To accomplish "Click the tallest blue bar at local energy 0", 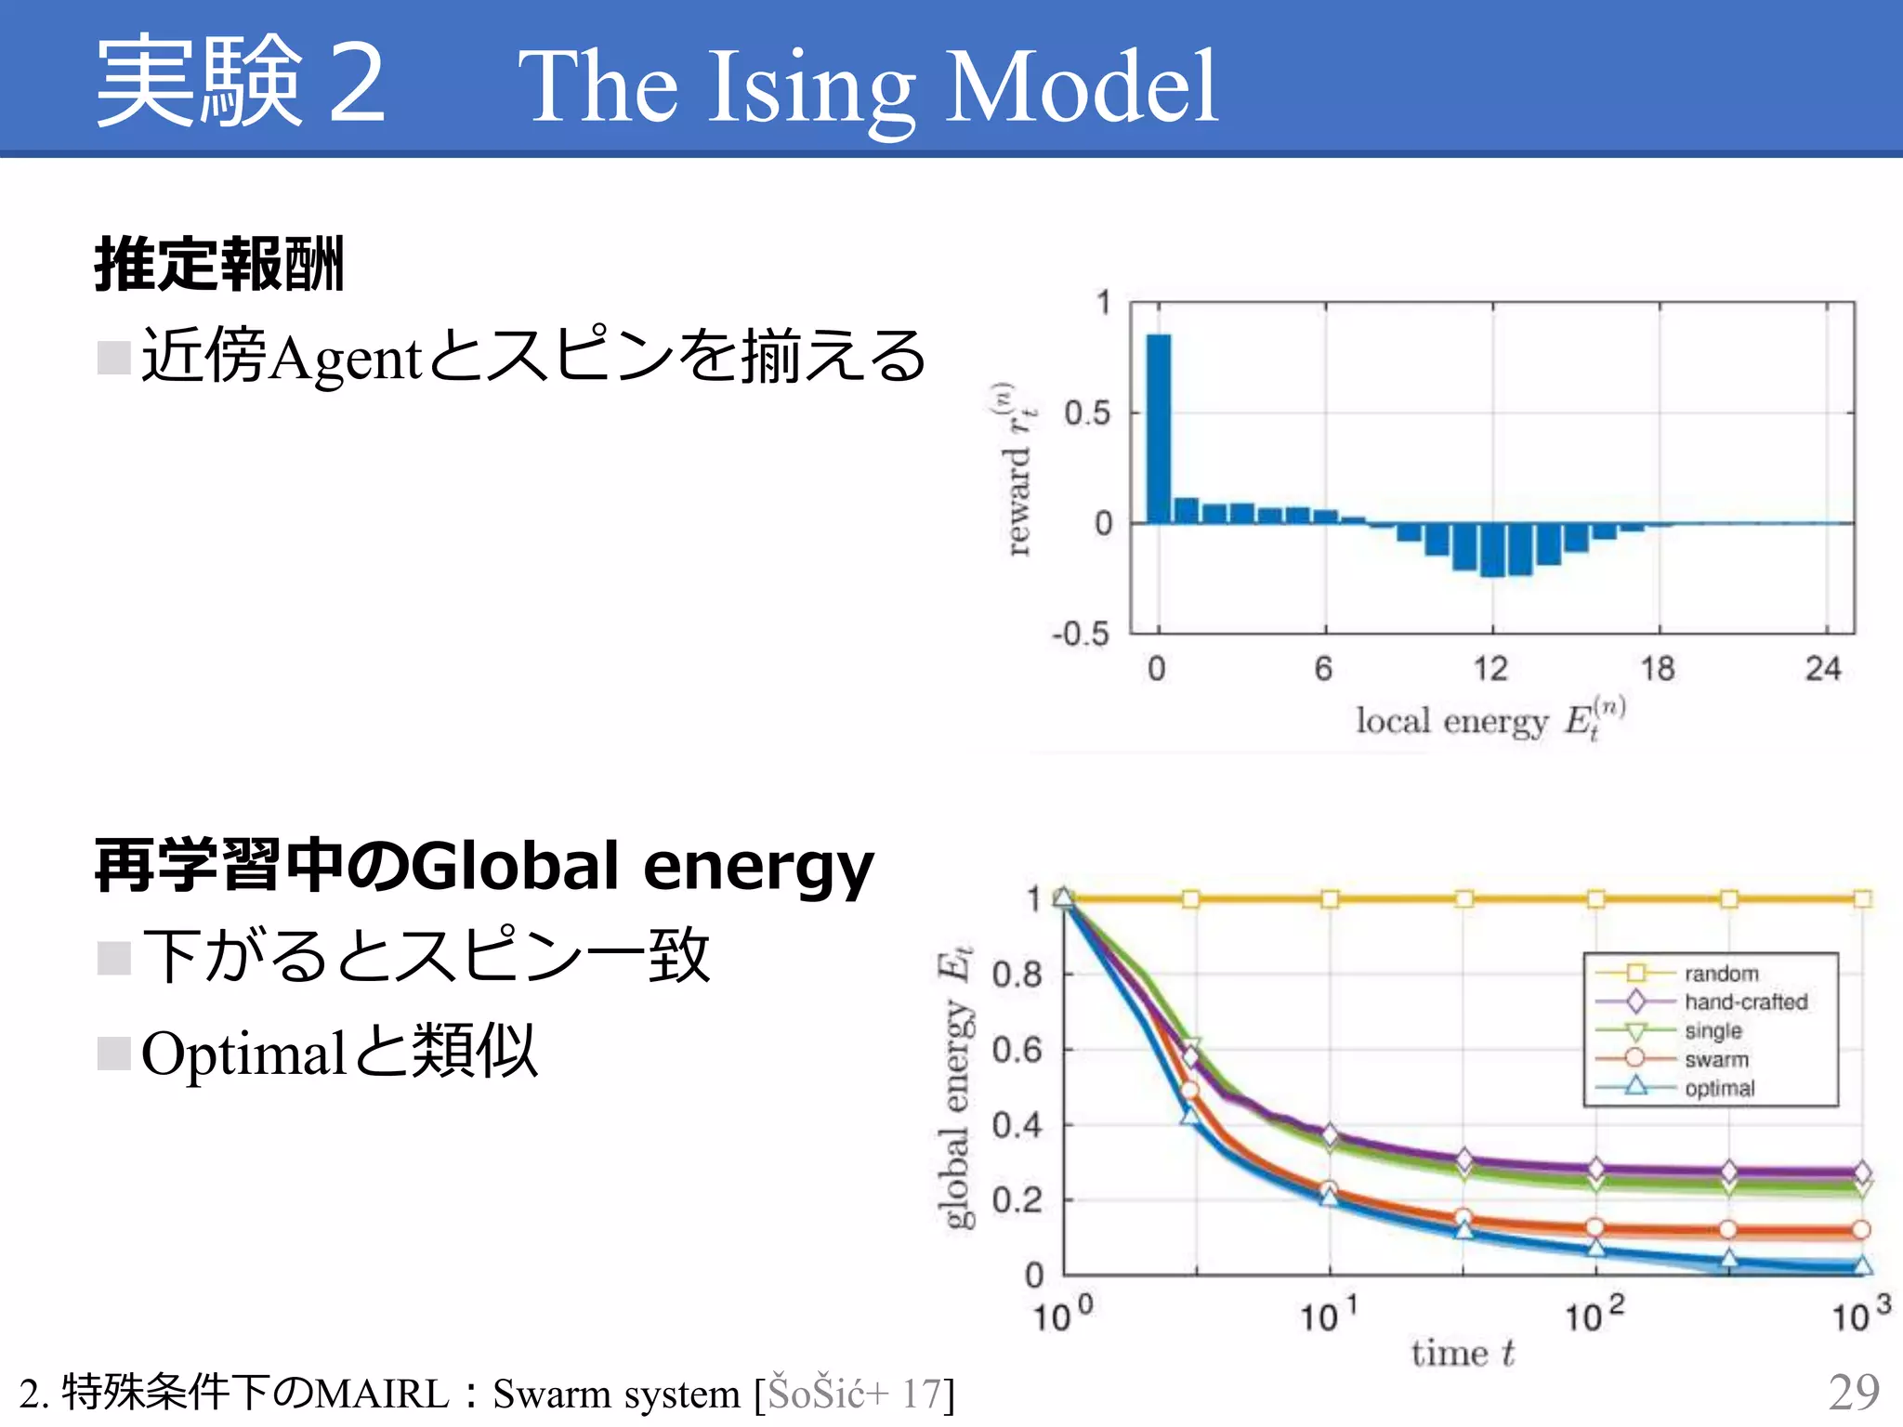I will click(x=1159, y=427).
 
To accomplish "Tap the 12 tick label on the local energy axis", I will click(x=1490, y=669).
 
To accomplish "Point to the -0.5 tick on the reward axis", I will click(x=1081, y=635).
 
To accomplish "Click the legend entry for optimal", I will click(x=1719, y=1089).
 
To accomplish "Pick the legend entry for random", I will click(x=1721, y=974).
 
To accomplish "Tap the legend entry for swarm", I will click(x=1716, y=1060).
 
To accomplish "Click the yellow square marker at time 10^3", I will click(x=1862, y=898).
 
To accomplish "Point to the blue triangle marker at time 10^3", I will click(x=1862, y=1265).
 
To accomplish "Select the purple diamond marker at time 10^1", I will click(x=1330, y=1134).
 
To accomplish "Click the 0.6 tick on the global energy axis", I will click(x=1017, y=1050).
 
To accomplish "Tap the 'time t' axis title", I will click(x=1463, y=1354).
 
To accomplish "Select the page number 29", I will click(x=1853, y=1392).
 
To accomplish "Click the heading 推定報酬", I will click(x=219, y=265).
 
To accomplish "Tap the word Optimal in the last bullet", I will click(x=243, y=1054).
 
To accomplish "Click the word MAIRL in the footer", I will click(x=382, y=1394).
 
